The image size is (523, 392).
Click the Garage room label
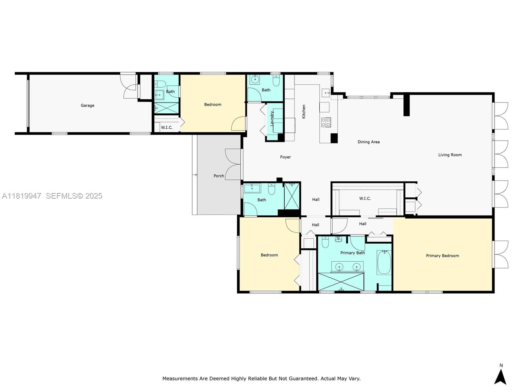pos(88,106)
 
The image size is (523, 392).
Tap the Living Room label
pos(450,155)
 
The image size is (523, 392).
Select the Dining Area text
pos(368,142)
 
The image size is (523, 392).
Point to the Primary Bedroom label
pos(442,256)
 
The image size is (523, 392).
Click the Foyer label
pos(285,157)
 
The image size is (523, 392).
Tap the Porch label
pos(219,176)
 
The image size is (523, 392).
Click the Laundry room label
pos(272,119)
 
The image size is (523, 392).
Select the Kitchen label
pos(304,111)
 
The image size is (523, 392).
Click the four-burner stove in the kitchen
pos(326,122)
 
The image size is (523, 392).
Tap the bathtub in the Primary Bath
pos(384,262)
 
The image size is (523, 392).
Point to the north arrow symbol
pos(501,377)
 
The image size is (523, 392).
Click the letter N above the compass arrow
pos(501,365)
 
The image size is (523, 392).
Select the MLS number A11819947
pos(22,196)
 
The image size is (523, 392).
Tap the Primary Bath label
pos(352,253)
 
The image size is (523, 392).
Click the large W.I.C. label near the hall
pos(365,198)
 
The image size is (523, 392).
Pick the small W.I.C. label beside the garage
pos(167,128)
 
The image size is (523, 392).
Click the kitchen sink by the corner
pos(326,93)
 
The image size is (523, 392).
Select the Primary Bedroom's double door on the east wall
pos(500,254)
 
